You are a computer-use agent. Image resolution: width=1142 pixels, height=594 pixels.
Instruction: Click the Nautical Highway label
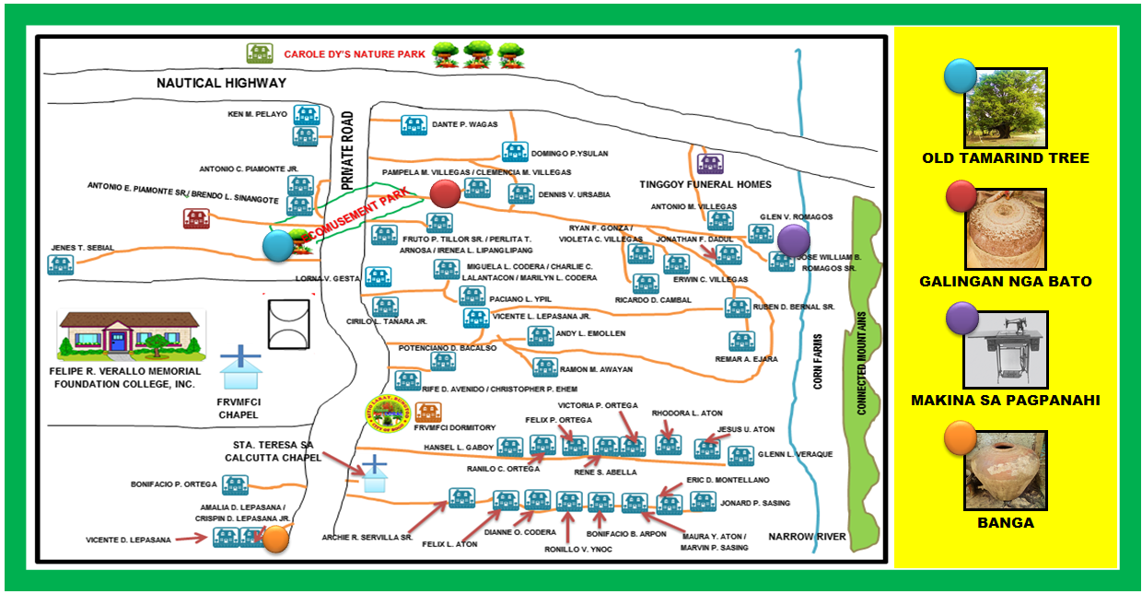221,83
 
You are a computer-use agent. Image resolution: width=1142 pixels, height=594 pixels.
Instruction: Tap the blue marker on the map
277,246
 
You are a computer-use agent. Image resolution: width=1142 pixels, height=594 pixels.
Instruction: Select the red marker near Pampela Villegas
445,193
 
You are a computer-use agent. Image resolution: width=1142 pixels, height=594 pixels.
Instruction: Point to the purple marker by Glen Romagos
792,239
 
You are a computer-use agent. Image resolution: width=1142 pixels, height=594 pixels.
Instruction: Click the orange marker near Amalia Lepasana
275,539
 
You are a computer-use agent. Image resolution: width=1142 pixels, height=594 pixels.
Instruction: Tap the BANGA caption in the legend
1006,523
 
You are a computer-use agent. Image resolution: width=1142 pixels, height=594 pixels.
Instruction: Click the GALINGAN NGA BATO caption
1006,281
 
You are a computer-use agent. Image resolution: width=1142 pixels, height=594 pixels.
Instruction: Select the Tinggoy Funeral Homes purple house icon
709,164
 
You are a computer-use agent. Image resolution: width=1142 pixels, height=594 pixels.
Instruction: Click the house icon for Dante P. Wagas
414,124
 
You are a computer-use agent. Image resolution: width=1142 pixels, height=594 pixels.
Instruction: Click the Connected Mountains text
863,363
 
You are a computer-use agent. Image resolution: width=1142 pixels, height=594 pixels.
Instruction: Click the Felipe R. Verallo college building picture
131,334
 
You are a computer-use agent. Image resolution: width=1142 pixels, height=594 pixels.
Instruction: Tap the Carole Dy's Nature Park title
355,54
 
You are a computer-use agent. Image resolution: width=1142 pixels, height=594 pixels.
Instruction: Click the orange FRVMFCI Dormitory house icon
427,412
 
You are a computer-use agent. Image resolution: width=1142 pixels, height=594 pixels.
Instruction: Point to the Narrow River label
807,536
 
